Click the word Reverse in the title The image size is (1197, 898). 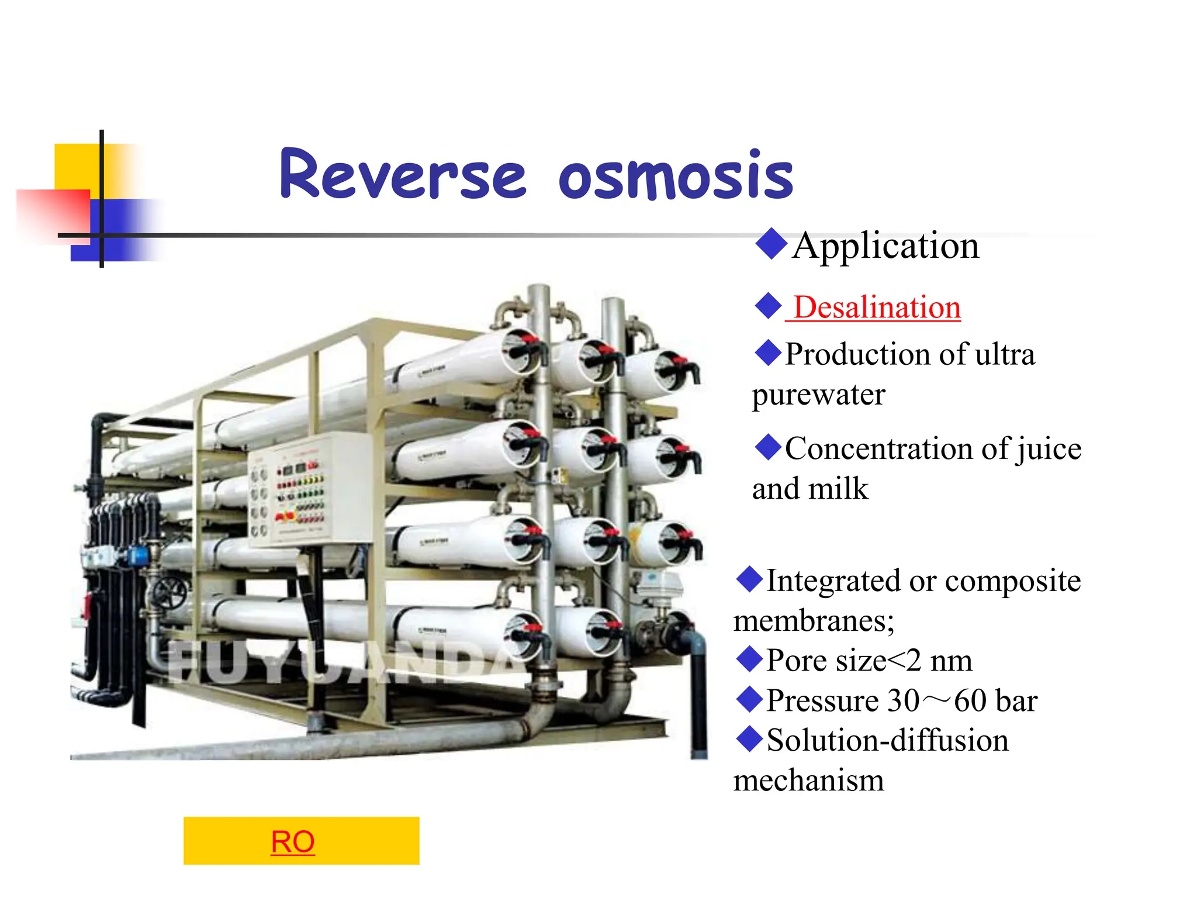point(403,174)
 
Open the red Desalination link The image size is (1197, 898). point(876,308)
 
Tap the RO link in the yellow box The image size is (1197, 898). point(293,842)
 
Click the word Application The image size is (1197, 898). point(885,246)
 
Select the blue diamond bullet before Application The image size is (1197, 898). point(771,244)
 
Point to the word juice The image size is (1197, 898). point(1049,449)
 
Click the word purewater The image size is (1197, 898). point(818,395)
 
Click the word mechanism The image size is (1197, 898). point(808,780)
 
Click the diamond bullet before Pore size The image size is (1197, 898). point(749,659)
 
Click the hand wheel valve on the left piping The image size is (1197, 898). point(169,593)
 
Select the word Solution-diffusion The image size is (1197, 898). point(887,741)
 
